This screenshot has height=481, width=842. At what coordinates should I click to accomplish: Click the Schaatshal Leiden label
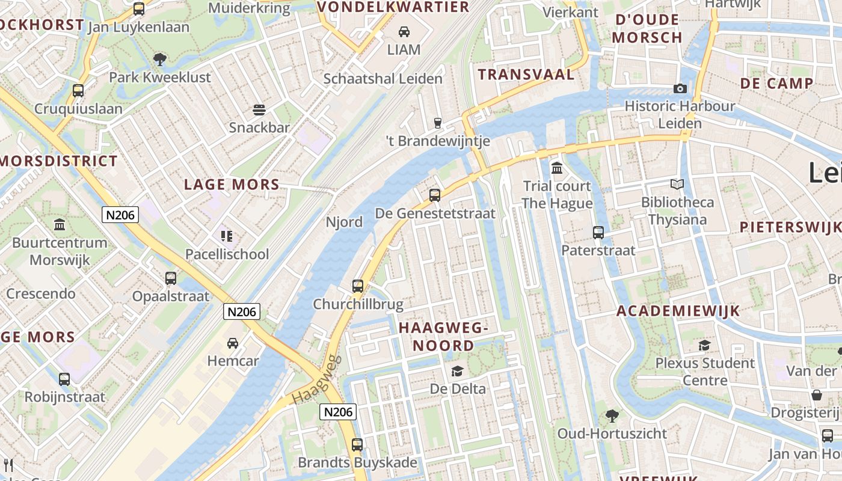pos(383,79)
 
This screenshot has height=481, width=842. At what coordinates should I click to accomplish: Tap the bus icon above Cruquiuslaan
pos(78,91)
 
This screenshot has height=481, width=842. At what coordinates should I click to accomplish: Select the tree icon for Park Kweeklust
pos(160,59)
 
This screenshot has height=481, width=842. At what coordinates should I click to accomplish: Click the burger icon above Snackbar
pos(259,110)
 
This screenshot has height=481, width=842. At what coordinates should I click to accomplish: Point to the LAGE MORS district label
pos(232,185)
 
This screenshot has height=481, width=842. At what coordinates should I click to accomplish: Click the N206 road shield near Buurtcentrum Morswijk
pos(120,215)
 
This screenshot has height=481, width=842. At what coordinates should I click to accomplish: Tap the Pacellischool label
pos(227,254)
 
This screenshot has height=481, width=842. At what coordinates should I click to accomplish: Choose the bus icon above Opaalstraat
pos(171,278)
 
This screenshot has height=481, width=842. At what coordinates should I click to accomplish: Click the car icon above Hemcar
pos(232,343)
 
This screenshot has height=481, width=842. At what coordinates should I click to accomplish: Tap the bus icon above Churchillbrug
pos(358,286)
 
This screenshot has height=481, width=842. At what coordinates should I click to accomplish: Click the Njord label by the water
pos(344,222)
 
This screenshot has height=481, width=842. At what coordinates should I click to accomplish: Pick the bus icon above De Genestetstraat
pos(435,195)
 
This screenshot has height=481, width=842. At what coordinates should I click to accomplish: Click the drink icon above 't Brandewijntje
pos(438,123)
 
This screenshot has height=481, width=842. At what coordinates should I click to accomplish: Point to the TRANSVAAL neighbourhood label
pos(526,75)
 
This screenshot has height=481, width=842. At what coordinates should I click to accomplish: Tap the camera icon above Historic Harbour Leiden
pos(680,89)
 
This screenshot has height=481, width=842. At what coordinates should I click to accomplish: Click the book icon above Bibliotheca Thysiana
pos(677,185)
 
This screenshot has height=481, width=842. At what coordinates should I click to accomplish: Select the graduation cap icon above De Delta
pos(458,371)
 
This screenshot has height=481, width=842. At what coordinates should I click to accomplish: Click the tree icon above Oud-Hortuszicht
pos(612,415)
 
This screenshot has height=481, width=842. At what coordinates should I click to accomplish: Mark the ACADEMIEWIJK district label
pos(678,311)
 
